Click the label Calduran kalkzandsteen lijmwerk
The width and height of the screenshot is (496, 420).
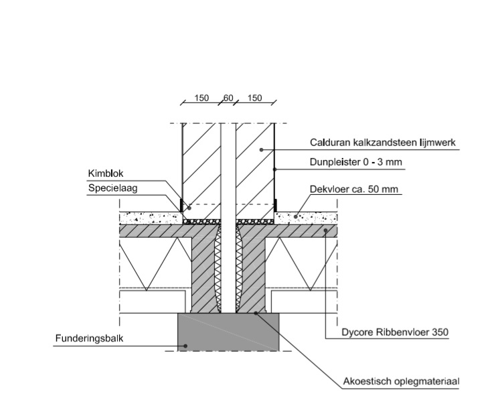382,143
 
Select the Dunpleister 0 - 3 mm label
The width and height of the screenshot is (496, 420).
356,162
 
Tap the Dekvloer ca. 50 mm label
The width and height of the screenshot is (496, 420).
353,190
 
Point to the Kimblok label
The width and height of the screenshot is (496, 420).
106,173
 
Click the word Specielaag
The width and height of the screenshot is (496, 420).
113,188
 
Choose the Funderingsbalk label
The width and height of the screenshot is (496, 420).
89,338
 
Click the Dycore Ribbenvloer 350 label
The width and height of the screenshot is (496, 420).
395,332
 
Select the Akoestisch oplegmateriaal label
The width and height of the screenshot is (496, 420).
401,381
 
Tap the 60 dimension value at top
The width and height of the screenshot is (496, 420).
228,98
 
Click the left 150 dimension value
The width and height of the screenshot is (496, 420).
201,98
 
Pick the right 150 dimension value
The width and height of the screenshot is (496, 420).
254,98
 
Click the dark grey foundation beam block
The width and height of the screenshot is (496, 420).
228,332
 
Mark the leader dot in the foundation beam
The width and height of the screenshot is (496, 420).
185,346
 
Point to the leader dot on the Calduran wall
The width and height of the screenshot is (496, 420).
261,149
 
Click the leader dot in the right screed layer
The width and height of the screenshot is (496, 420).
296,217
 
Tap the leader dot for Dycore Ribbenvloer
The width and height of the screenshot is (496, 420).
325,230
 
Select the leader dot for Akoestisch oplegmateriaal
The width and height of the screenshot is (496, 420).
256,313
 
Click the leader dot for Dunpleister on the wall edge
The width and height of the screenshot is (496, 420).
274,169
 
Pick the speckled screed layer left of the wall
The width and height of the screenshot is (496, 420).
151,218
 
